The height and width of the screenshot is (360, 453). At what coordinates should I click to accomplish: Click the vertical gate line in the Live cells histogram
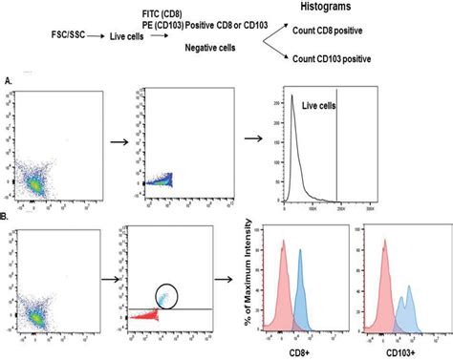339,143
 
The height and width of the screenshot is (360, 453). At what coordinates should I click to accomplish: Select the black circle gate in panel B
170,272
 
